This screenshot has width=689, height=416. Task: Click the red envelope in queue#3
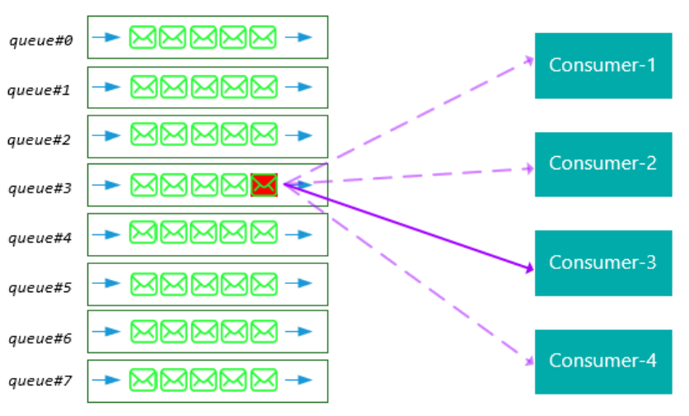264,185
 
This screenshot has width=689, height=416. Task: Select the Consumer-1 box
602,65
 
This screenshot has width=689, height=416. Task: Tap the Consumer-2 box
602,163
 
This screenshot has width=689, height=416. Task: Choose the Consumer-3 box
602,262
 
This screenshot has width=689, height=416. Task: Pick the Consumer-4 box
602,362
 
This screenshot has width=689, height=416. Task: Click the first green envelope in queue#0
143,37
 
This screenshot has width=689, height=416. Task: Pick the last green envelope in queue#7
263,380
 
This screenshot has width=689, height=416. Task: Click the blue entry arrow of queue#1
106,87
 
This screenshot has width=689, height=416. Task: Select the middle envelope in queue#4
204,233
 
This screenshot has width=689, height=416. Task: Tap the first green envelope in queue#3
143,185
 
